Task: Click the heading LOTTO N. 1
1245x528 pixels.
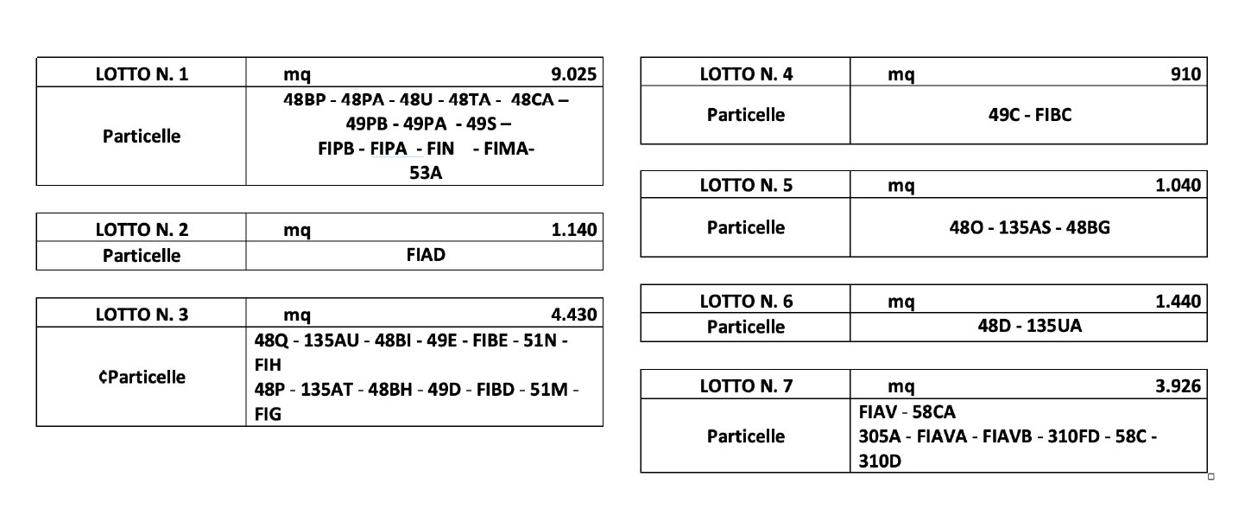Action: [x=142, y=74]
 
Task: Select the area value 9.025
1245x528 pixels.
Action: [x=573, y=74]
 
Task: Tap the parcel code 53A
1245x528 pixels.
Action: [x=426, y=173]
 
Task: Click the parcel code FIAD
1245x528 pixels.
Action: [x=426, y=255]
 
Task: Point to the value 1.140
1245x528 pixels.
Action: [x=573, y=230]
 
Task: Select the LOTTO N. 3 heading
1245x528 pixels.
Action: [x=142, y=315]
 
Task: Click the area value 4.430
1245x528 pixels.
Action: [x=573, y=315]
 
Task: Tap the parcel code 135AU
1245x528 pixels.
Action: [x=332, y=340]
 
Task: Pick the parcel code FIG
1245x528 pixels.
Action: [x=268, y=415]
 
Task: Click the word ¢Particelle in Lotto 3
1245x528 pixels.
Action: [x=142, y=378]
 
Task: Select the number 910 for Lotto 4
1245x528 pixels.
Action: [x=1185, y=74]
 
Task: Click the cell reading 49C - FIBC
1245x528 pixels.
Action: [x=1030, y=115]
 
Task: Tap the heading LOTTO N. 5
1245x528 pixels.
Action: [x=746, y=185]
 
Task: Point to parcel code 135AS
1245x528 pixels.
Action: [x=1025, y=227]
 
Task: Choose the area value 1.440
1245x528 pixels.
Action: [x=1179, y=302]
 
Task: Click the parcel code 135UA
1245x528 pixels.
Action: [x=1054, y=326]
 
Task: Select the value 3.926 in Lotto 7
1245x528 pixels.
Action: [x=1179, y=386]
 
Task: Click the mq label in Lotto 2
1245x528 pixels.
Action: [x=297, y=231]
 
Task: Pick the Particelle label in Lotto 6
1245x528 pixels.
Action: [x=746, y=328]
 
